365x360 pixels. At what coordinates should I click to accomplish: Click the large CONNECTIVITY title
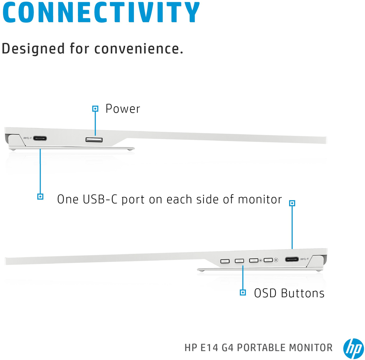point(101,12)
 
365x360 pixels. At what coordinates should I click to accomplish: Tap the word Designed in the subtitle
point(33,49)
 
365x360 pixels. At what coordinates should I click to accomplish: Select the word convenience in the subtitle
point(139,49)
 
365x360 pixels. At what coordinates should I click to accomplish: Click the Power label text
point(122,109)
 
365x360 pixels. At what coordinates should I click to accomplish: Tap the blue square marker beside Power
point(95,109)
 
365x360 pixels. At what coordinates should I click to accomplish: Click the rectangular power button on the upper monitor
point(94,139)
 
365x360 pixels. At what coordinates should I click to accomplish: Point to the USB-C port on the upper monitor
point(40,139)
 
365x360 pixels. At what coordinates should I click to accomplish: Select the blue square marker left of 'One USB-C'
point(40,197)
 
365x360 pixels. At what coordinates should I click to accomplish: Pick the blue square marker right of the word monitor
point(292,203)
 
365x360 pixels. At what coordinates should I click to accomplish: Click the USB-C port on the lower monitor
point(292,259)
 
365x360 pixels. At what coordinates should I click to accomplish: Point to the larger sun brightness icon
point(276,260)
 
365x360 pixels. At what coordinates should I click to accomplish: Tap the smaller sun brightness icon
point(260,260)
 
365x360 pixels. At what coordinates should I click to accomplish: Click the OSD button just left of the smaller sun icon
point(254,260)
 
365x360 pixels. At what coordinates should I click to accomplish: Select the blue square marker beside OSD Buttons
point(243,293)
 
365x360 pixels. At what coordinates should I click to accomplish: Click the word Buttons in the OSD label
point(303,293)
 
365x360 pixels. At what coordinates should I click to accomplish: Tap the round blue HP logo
point(353,348)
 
